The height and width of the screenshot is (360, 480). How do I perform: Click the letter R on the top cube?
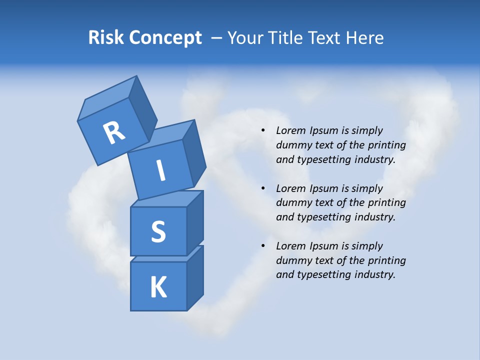coord(114,133)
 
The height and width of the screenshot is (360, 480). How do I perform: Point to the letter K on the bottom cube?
coord(158,287)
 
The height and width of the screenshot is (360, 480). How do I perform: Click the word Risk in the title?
coord(105,37)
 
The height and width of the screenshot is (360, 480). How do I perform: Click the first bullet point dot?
coord(263,130)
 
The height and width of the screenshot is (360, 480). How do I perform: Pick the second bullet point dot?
coord(263,188)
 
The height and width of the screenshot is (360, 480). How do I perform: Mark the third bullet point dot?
coord(263,246)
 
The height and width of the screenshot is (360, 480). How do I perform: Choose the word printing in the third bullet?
coord(386,260)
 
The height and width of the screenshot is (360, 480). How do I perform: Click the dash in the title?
coord(217,37)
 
